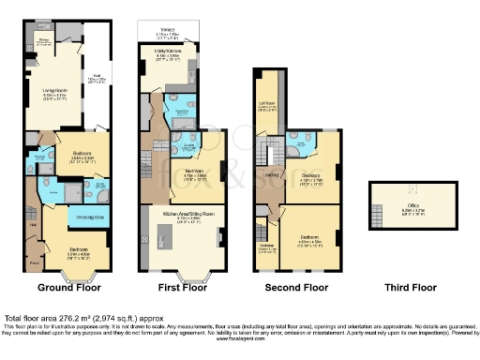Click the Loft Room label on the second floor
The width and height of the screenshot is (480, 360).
(268, 104)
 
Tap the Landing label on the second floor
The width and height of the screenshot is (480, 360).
(272, 174)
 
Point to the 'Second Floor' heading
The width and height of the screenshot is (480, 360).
(292, 288)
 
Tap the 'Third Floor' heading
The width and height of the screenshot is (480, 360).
(411, 288)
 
